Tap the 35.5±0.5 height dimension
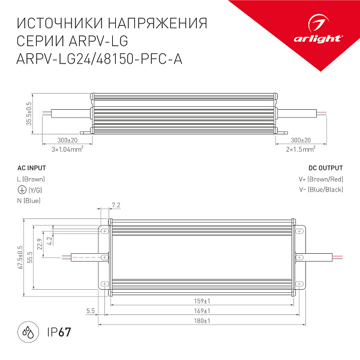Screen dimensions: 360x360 28,114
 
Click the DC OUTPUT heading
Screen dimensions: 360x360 325,169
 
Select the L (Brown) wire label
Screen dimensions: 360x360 31,179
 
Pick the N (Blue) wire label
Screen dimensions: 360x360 28,200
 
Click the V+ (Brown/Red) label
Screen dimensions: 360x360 320,179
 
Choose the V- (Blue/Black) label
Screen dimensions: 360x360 320,190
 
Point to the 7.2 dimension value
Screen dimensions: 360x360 116,206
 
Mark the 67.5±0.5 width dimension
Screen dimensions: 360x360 20,257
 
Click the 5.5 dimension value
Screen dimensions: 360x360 91,311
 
